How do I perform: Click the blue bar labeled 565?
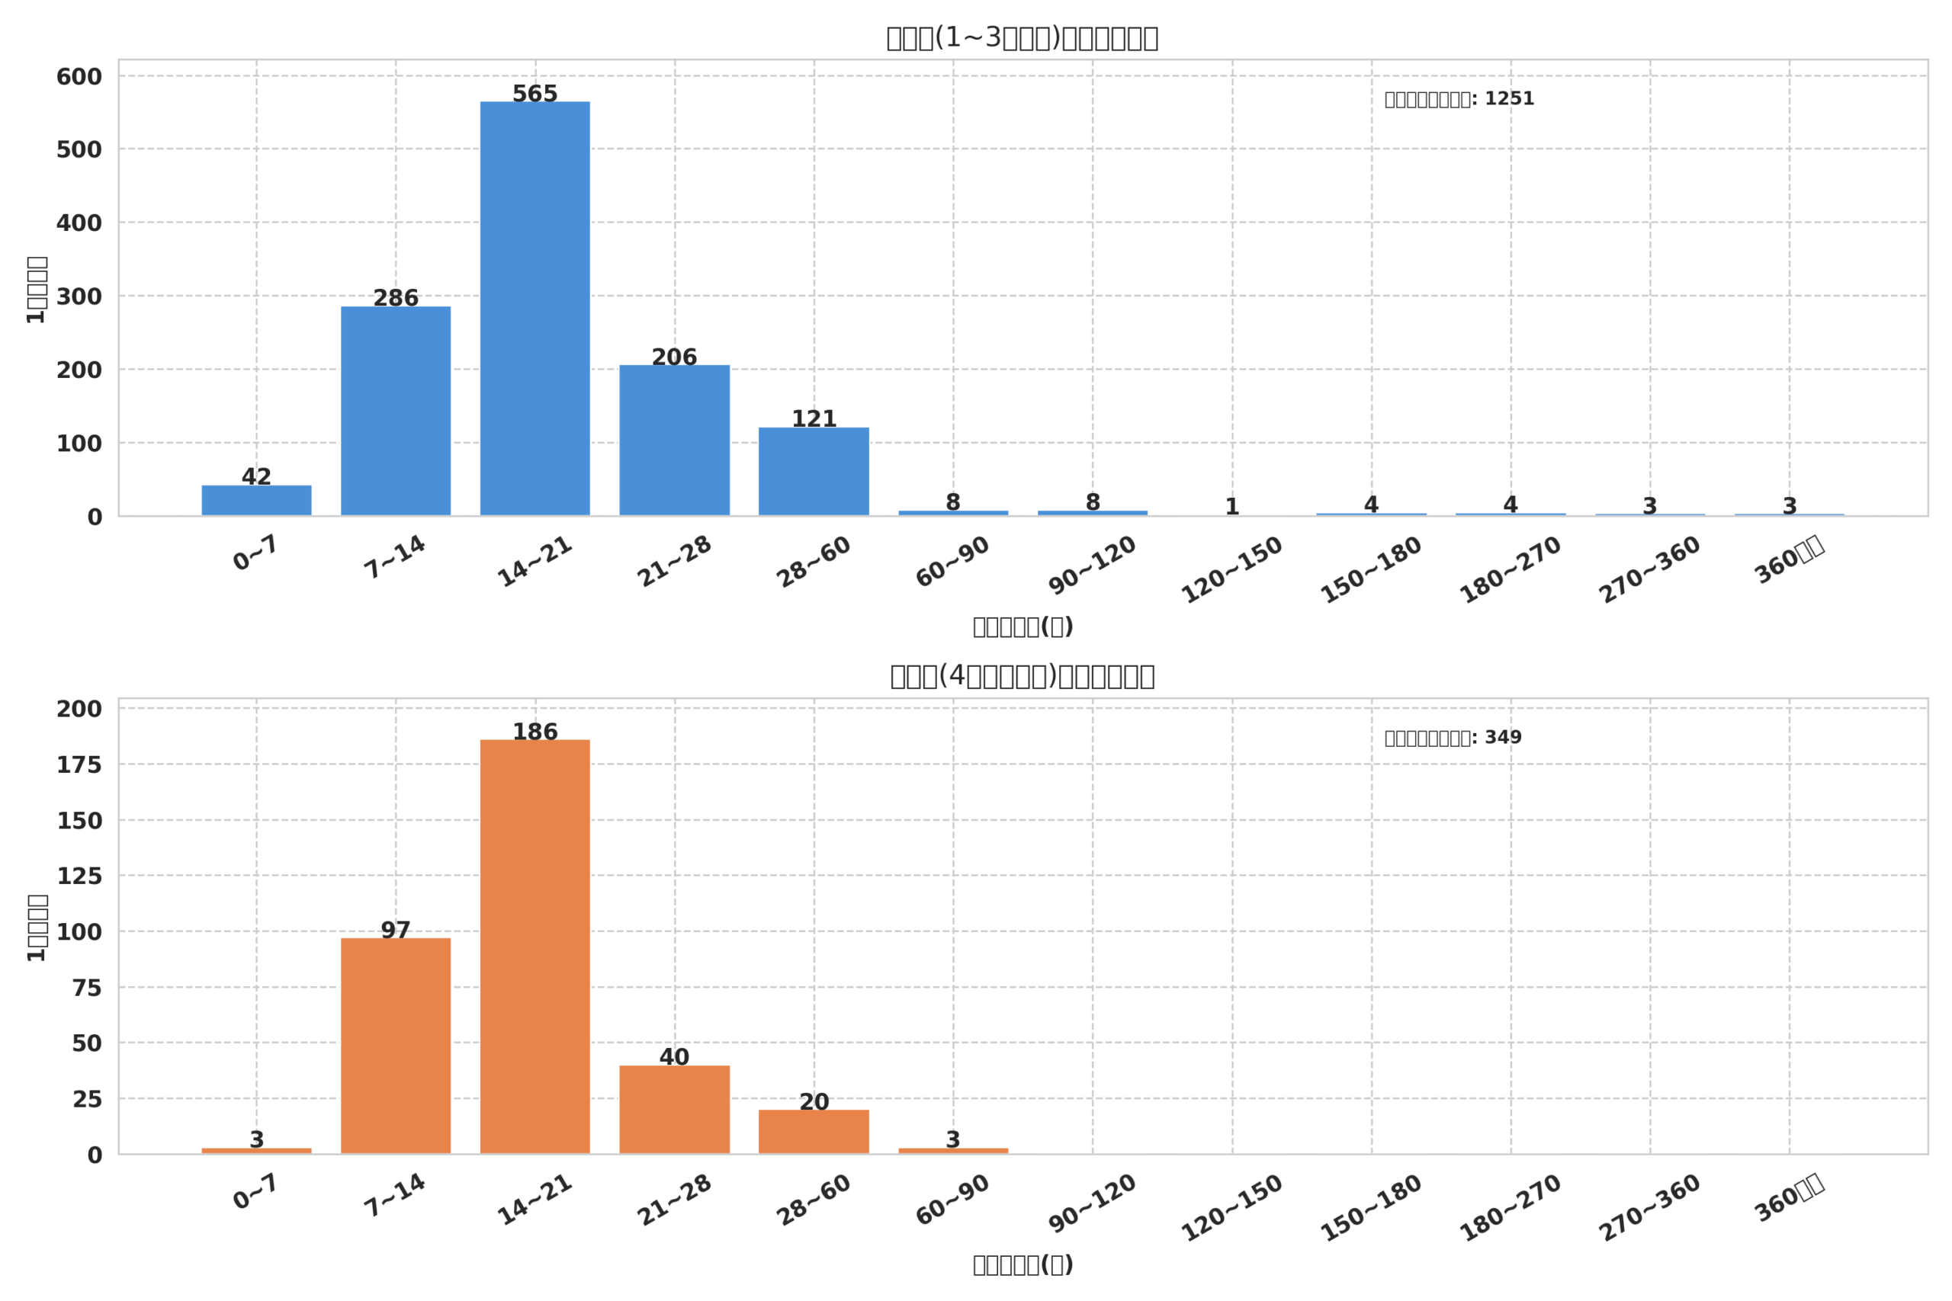click(535, 308)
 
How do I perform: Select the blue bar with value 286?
click(395, 411)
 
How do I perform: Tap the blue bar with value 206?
click(674, 440)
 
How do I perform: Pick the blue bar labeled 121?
click(814, 471)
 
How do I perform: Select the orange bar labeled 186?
click(535, 946)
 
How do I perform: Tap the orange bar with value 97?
click(395, 1046)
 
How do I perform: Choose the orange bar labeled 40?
click(674, 1110)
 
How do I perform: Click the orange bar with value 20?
click(814, 1132)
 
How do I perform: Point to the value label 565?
click(535, 94)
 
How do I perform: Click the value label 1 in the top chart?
click(1231, 506)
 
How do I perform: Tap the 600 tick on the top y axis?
click(79, 77)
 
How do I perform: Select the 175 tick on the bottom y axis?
click(79, 765)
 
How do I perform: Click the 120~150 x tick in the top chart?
click(1231, 570)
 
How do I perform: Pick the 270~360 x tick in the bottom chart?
click(1650, 1208)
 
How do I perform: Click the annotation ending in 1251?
click(1459, 99)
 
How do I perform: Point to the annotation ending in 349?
click(1453, 738)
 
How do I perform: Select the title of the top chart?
click(1022, 38)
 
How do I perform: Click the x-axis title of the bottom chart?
click(1023, 1264)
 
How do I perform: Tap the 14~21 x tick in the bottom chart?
click(535, 1200)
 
